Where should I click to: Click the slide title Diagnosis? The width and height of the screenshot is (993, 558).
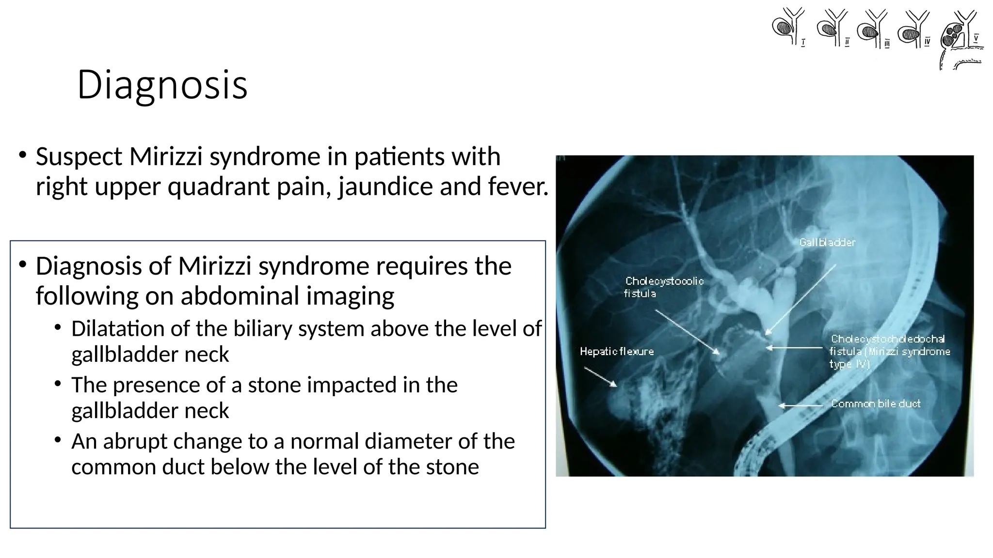(162, 85)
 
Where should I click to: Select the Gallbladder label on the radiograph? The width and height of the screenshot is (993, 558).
(827, 242)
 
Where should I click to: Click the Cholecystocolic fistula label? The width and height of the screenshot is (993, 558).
(664, 287)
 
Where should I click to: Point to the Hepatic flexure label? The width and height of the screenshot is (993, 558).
(616, 351)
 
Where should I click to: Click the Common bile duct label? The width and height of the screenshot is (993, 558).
(875, 403)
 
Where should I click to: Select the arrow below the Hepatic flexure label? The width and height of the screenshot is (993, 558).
(600, 376)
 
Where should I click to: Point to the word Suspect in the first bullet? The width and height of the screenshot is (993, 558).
(79, 157)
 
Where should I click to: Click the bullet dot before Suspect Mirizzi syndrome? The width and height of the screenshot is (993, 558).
(22, 155)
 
